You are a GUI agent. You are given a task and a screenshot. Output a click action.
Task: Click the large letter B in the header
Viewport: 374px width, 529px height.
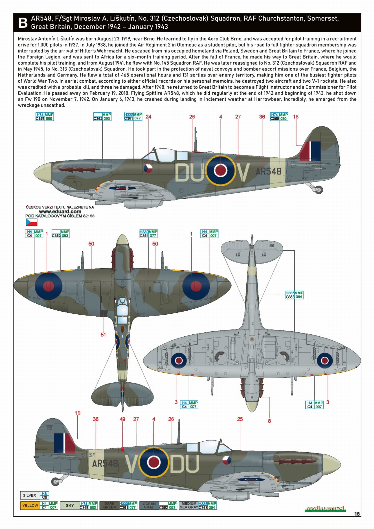23,23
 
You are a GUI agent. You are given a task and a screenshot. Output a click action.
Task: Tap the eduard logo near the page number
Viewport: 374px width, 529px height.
325,509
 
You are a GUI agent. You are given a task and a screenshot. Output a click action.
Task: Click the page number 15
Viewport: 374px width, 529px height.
357,514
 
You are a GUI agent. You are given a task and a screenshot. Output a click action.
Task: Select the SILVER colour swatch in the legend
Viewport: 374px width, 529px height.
30,495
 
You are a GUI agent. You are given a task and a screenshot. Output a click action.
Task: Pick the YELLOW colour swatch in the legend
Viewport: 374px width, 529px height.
30,505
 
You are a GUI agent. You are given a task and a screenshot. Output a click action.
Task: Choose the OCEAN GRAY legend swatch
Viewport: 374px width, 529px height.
149,505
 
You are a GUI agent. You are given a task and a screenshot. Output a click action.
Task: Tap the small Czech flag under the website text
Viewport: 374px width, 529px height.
32,222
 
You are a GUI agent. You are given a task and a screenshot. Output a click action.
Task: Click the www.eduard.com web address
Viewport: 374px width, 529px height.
60,211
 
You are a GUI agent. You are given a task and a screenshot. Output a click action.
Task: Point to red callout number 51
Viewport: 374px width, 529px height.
103,335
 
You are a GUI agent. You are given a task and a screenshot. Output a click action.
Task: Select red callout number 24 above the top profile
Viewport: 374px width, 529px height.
148,117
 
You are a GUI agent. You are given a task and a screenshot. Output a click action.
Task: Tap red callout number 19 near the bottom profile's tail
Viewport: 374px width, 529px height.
77,413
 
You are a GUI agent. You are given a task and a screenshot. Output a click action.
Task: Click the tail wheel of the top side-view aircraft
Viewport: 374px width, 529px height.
319,190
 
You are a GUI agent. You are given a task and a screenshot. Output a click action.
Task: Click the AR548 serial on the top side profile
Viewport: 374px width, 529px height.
269,171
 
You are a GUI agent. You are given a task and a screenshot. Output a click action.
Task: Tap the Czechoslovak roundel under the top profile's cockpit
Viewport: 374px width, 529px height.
148,168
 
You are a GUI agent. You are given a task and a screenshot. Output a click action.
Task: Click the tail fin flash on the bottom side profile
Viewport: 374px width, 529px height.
64,443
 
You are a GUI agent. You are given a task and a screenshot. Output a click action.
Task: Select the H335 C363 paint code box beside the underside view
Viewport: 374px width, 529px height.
294,295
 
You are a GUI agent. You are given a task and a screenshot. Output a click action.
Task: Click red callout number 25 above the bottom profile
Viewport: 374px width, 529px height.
240,419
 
